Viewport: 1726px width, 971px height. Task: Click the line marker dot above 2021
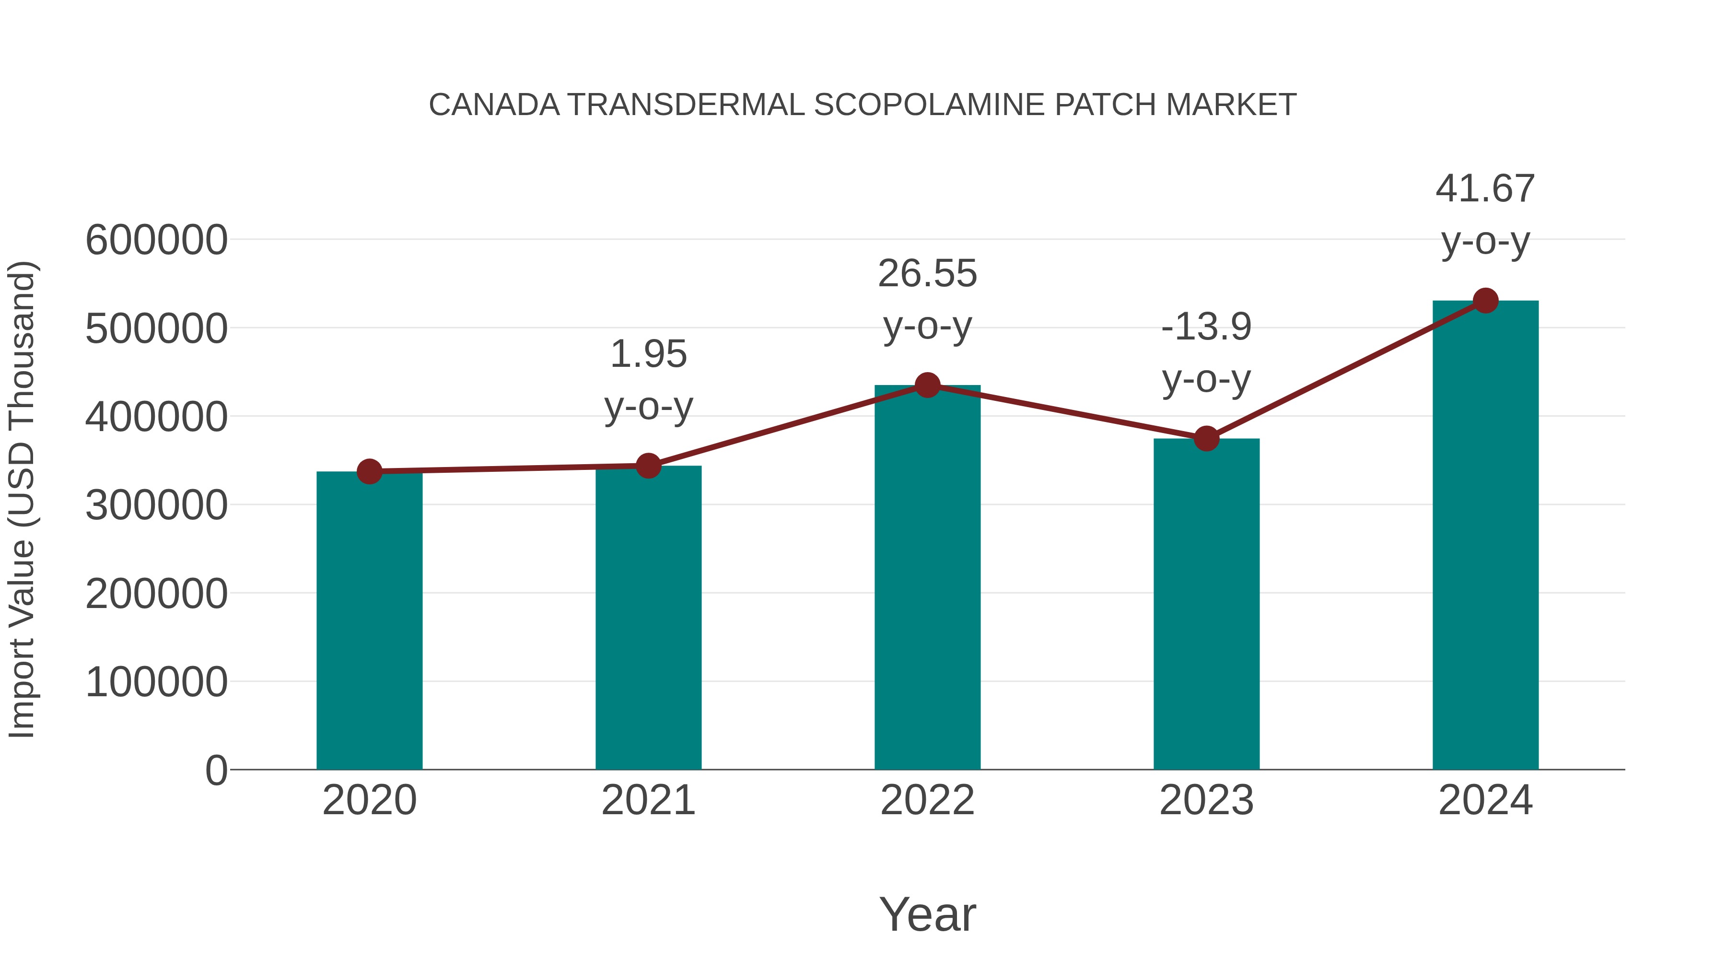pyautogui.click(x=649, y=465)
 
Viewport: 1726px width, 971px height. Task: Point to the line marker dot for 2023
pyautogui.click(x=1206, y=438)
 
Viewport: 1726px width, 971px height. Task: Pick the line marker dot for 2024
pyautogui.click(x=1485, y=301)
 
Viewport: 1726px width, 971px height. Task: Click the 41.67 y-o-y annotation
pyautogui.click(x=1485, y=214)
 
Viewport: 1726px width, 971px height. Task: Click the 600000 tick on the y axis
pyautogui.click(x=156, y=240)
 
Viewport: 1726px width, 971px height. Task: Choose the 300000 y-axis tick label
pyautogui.click(x=156, y=505)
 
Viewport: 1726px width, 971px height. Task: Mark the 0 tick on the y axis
pyautogui.click(x=216, y=770)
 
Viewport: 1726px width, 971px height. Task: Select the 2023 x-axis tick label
pyautogui.click(x=1206, y=800)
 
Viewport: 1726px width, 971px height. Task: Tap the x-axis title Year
pyautogui.click(x=927, y=914)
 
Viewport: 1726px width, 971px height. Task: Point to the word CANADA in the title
pyautogui.click(x=494, y=105)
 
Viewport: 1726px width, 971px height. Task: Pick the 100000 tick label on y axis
pyautogui.click(x=156, y=682)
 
